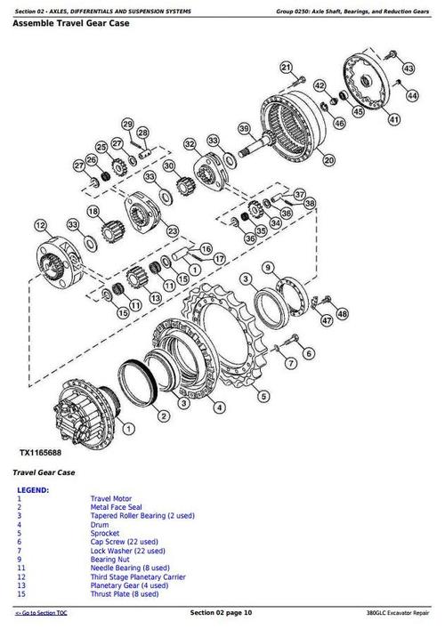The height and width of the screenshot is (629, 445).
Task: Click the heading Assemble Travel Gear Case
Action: click(71, 23)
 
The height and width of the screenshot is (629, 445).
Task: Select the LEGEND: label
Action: click(33, 490)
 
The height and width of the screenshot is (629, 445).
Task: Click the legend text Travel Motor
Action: click(112, 499)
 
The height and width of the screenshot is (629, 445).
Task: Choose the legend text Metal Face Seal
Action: click(116, 507)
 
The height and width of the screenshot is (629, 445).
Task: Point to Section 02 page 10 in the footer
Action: click(222, 613)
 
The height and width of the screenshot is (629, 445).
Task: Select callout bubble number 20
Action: click(328, 161)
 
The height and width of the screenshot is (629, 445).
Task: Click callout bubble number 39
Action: click(243, 130)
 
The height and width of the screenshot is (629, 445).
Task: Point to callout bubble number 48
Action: click(343, 313)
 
